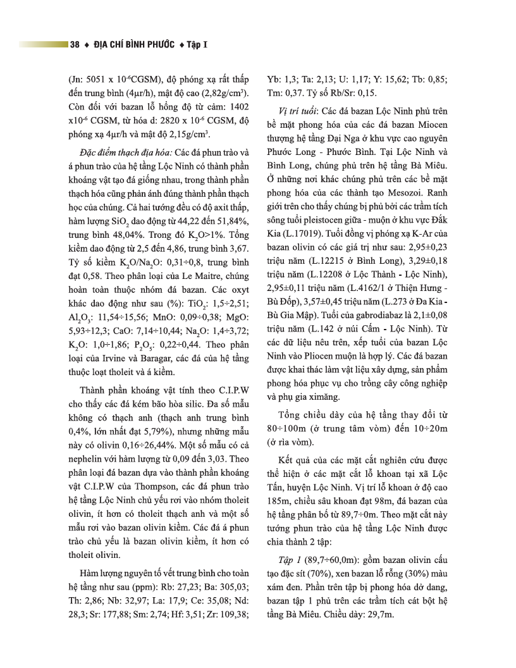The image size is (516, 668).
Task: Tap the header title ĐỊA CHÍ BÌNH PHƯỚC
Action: [x=133, y=44]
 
